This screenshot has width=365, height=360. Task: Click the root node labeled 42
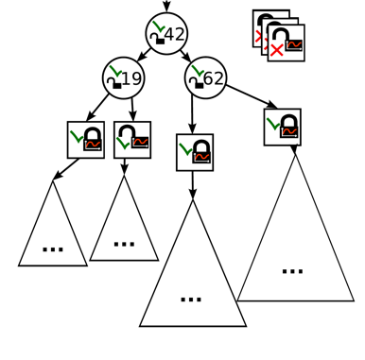pyautogui.click(x=166, y=34)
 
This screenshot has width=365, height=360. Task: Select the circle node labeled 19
pyautogui.click(x=123, y=77)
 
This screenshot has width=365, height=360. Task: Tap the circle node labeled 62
pyautogui.click(x=205, y=77)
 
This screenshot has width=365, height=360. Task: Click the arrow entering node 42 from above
pyautogui.click(x=166, y=7)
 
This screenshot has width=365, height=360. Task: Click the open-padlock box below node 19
pyautogui.click(x=132, y=140)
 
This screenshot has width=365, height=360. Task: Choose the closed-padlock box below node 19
pyautogui.click(x=85, y=140)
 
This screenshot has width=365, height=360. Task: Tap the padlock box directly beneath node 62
pyautogui.click(x=195, y=152)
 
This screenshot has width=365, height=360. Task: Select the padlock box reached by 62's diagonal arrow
pyautogui.click(x=282, y=127)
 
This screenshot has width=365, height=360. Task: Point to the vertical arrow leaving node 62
pyautogui.click(x=193, y=115)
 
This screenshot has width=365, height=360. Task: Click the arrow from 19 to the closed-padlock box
pyautogui.click(x=98, y=107)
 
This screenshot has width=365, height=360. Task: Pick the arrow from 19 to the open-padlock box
pyautogui.click(x=131, y=109)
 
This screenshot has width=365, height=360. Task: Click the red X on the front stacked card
pyautogui.click(x=276, y=50)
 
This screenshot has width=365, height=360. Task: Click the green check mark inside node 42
pyautogui.click(x=159, y=26)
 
